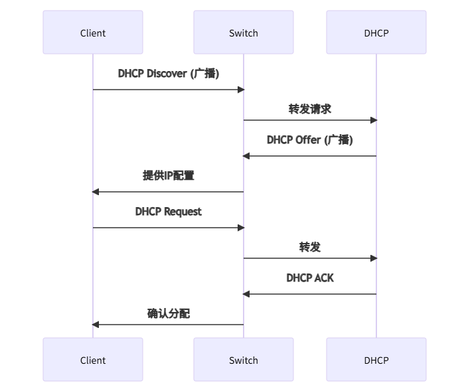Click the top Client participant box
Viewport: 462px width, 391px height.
point(93,33)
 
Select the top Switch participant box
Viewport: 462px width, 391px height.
point(243,33)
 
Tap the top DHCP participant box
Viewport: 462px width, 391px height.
point(376,33)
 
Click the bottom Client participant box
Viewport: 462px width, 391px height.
point(93,360)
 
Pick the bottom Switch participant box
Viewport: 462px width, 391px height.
point(243,360)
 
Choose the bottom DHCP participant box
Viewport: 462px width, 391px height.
point(376,360)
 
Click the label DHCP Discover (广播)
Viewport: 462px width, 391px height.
point(168,74)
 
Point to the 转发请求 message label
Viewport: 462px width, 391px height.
point(309,110)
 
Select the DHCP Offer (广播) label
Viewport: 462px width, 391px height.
point(309,140)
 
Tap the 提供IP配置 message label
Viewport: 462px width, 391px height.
point(168,176)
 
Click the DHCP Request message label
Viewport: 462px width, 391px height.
point(168,212)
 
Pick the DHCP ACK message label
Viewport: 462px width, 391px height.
point(309,278)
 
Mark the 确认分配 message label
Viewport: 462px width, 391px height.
point(168,313)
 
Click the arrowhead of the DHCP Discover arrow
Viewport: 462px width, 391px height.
point(241,90)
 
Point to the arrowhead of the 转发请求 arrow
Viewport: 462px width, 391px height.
point(374,120)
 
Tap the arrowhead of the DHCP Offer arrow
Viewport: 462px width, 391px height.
point(246,156)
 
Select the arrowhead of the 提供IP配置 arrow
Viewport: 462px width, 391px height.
point(96,192)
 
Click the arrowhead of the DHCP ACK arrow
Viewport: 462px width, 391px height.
point(246,294)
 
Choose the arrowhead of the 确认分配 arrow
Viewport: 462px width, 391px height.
point(96,325)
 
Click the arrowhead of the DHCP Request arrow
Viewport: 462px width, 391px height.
point(241,228)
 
